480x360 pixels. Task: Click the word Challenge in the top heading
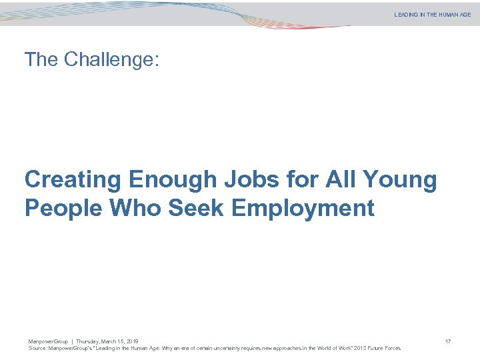click(x=112, y=60)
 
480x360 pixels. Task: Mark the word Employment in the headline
click(x=303, y=208)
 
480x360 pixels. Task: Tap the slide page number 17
click(x=448, y=342)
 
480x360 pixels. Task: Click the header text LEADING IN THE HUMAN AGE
click(x=432, y=15)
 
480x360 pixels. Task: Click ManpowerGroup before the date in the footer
click(x=48, y=342)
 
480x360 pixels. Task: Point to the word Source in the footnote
click(x=37, y=348)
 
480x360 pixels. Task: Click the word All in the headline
click(x=344, y=180)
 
